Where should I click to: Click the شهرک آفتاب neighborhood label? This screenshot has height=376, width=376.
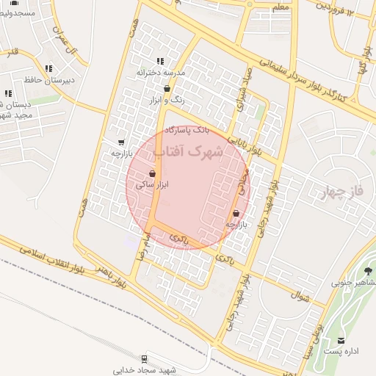188,152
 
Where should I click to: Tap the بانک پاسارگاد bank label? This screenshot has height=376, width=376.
187,129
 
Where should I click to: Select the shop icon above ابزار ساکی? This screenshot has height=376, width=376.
152,174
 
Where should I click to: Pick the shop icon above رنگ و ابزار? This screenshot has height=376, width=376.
167,88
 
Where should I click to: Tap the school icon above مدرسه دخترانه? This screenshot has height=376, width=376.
160,62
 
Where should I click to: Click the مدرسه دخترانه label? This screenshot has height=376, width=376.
160,73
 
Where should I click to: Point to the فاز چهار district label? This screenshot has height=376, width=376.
343,192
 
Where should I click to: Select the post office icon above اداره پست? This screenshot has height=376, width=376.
341,340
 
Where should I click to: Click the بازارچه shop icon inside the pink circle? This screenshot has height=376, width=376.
236,213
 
